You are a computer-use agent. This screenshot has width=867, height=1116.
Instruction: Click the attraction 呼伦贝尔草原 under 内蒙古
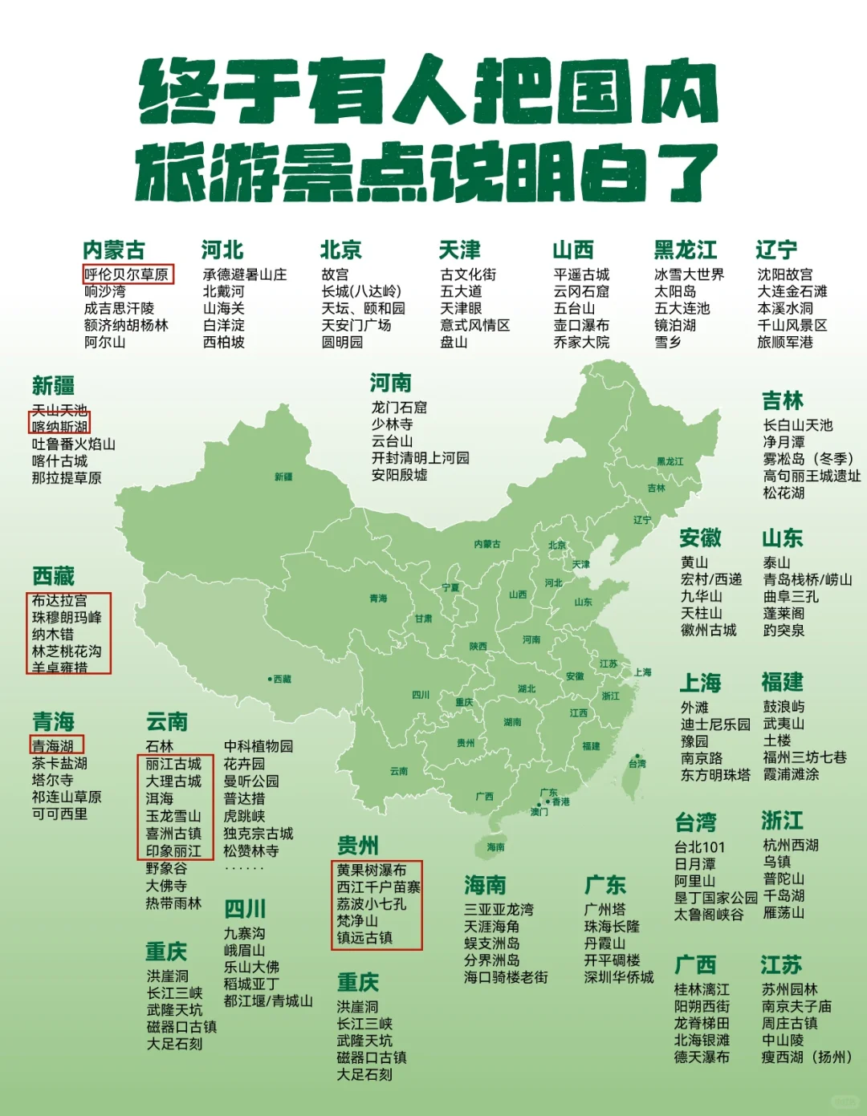tap(127, 274)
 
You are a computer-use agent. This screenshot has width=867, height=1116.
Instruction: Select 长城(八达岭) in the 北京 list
tap(360, 291)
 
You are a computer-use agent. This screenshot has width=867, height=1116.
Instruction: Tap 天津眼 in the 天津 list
tap(461, 308)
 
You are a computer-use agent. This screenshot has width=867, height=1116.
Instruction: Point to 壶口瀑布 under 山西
tap(581, 325)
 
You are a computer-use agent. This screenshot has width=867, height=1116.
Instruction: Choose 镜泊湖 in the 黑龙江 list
tap(675, 325)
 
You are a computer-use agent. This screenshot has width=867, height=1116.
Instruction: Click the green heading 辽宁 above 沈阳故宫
tap(776, 250)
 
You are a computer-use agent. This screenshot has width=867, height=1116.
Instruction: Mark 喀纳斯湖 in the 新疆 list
tap(60, 426)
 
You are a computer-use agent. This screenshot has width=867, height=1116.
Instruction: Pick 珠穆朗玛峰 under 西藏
tap(67, 617)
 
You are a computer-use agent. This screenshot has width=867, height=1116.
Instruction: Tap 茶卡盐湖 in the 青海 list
tap(59, 763)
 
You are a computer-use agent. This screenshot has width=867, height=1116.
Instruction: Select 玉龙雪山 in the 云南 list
tap(173, 816)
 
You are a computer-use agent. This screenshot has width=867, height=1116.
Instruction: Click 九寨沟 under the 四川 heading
tap(244, 933)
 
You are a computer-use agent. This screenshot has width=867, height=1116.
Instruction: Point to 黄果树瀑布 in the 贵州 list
tap(372, 870)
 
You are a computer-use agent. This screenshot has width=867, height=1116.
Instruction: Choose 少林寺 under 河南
tap(392, 424)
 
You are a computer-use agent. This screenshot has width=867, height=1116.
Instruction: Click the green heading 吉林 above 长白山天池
tap(783, 400)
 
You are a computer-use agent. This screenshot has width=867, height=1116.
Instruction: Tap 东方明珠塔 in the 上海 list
tap(715, 775)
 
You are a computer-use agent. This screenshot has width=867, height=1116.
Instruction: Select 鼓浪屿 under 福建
tap(784, 707)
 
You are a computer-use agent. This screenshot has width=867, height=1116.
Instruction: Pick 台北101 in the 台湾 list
tap(699, 847)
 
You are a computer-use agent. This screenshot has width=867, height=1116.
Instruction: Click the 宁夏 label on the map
tap(450, 588)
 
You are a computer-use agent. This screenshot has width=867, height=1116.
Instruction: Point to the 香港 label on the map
tap(560, 801)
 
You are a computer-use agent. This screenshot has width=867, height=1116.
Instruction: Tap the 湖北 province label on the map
tap(527, 688)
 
